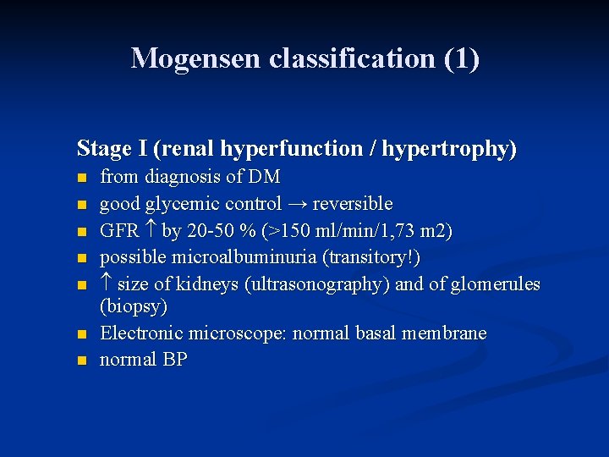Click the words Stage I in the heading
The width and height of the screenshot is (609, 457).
point(109,149)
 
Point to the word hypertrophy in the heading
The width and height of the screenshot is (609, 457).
point(448,149)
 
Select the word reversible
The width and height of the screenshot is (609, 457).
point(353,204)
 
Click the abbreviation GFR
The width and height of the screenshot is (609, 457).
point(118,230)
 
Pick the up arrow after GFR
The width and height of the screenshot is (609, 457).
point(151,230)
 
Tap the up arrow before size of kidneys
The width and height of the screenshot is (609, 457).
point(107,283)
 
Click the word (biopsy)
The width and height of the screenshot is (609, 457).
point(134,306)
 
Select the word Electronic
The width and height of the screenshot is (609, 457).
point(140,333)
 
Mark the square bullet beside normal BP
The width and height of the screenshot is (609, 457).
point(81,361)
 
